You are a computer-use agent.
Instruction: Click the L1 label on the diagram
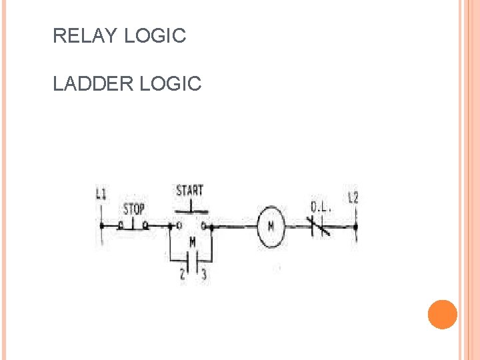101,194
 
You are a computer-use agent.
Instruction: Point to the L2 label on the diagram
353,197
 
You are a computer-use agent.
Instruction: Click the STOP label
134,210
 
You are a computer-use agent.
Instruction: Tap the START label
190,191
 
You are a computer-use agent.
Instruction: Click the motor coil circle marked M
271,227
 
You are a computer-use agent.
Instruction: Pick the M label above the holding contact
192,241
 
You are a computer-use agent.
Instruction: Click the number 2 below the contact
182,274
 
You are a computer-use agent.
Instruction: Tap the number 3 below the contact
203,274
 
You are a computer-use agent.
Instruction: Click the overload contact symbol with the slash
319,226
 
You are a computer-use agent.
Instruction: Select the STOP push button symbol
133,225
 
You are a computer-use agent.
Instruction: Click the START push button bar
191,213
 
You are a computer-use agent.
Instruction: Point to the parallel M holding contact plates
192,259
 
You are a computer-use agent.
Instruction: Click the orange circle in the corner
442,314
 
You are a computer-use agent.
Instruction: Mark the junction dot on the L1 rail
101,226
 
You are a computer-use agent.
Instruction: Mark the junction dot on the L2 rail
355,227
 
